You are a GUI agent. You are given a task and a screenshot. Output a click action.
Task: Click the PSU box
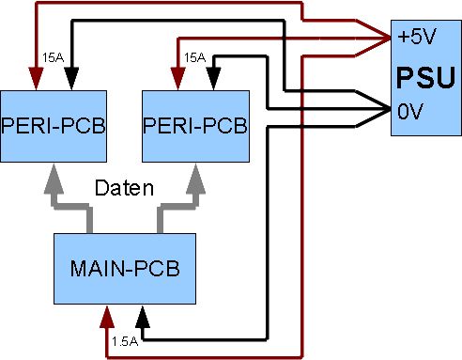426,78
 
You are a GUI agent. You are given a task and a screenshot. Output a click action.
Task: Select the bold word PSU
425,77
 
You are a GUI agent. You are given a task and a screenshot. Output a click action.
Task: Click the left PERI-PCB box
54,126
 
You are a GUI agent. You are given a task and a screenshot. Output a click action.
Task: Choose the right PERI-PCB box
195,126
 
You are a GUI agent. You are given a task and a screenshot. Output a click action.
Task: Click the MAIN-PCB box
125,269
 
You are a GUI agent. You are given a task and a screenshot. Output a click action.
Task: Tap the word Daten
124,188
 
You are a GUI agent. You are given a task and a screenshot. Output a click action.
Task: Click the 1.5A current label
125,341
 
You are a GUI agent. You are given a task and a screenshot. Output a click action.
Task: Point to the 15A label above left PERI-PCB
54,57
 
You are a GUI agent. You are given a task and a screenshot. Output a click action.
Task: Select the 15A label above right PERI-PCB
194,57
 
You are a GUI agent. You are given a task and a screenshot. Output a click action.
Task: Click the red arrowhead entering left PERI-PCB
36,79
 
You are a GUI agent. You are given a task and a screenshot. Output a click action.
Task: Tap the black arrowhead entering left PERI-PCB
71,79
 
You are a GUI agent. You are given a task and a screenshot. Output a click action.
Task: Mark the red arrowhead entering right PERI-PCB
178,79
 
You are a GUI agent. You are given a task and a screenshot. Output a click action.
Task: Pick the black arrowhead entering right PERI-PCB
214,79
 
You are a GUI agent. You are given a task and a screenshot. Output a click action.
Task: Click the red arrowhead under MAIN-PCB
107,317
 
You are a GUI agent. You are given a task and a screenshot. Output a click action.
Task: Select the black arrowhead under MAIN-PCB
143,317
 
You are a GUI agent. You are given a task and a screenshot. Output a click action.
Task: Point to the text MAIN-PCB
125,269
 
